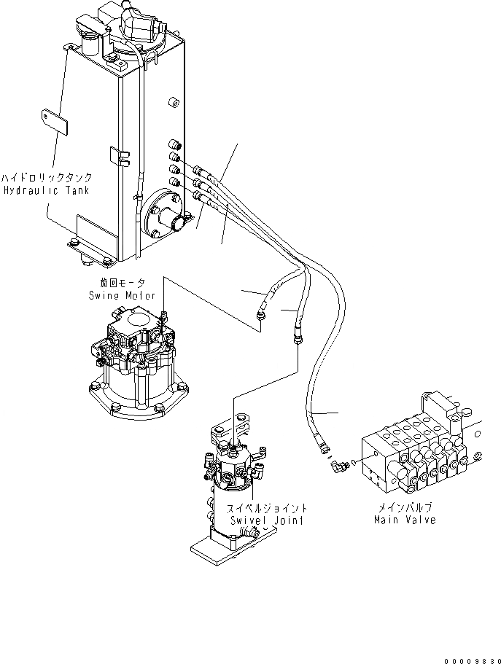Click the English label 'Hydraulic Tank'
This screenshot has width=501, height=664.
44,190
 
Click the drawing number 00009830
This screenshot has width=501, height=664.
465,657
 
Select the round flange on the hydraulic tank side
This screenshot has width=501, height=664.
166,217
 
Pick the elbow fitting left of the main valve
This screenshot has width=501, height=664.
335,463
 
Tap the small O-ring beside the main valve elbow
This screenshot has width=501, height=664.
353,461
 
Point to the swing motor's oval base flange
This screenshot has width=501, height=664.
137,400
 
